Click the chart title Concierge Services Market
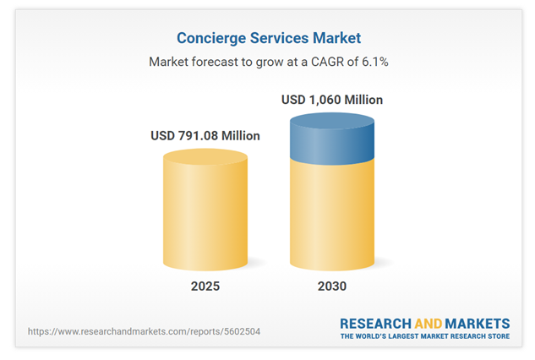click(267, 38)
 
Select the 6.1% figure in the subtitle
click(370, 62)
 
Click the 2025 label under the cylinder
click(205, 286)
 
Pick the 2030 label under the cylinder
click(332, 286)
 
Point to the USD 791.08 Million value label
click(205, 135)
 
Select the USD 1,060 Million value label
click(332, 100)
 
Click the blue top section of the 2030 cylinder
click(332, 139)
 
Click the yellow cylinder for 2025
click(205, 215)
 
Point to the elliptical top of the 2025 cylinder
click(205, 157)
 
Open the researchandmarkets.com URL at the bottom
click(144, 331)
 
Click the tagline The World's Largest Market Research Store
click(424, 336)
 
